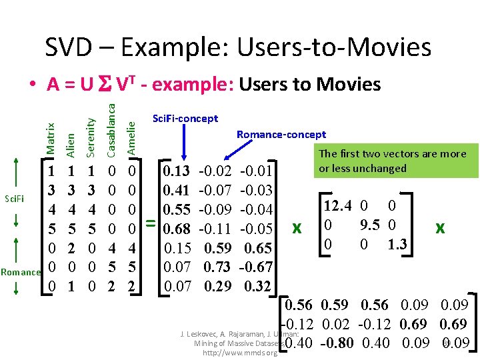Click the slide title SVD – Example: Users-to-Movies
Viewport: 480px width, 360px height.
tap(238, 47)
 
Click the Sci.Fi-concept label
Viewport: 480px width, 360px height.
tap(185, 119)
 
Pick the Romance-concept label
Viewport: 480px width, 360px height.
tap(281, 135)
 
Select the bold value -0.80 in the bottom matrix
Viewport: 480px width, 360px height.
tap(337, 344)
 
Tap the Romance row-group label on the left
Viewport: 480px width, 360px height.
tap(21, 272)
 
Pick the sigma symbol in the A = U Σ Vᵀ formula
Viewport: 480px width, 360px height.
tap(103, 85)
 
